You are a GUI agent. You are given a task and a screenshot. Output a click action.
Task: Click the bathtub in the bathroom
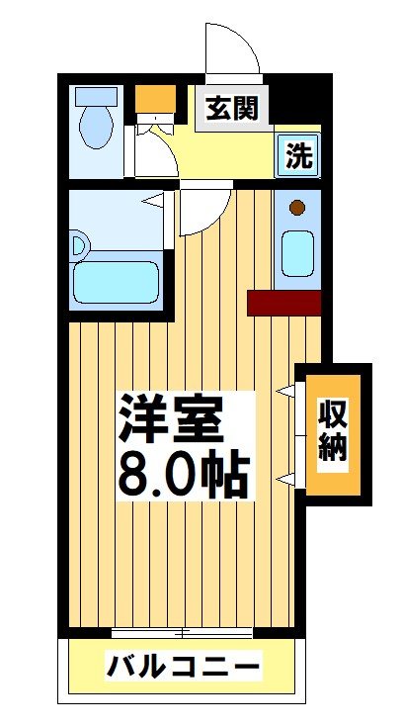click(x=117, y=281)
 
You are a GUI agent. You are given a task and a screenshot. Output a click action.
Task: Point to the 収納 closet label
click(x=332, y=431)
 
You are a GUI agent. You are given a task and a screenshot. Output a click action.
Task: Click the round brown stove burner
click(x=296, y=209)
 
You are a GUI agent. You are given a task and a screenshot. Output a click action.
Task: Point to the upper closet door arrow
click(x=286, y=391)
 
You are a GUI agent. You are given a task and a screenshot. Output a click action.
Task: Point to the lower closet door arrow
click(x=286, y=480)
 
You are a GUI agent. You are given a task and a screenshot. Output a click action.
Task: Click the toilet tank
click(x=97, y=97)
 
